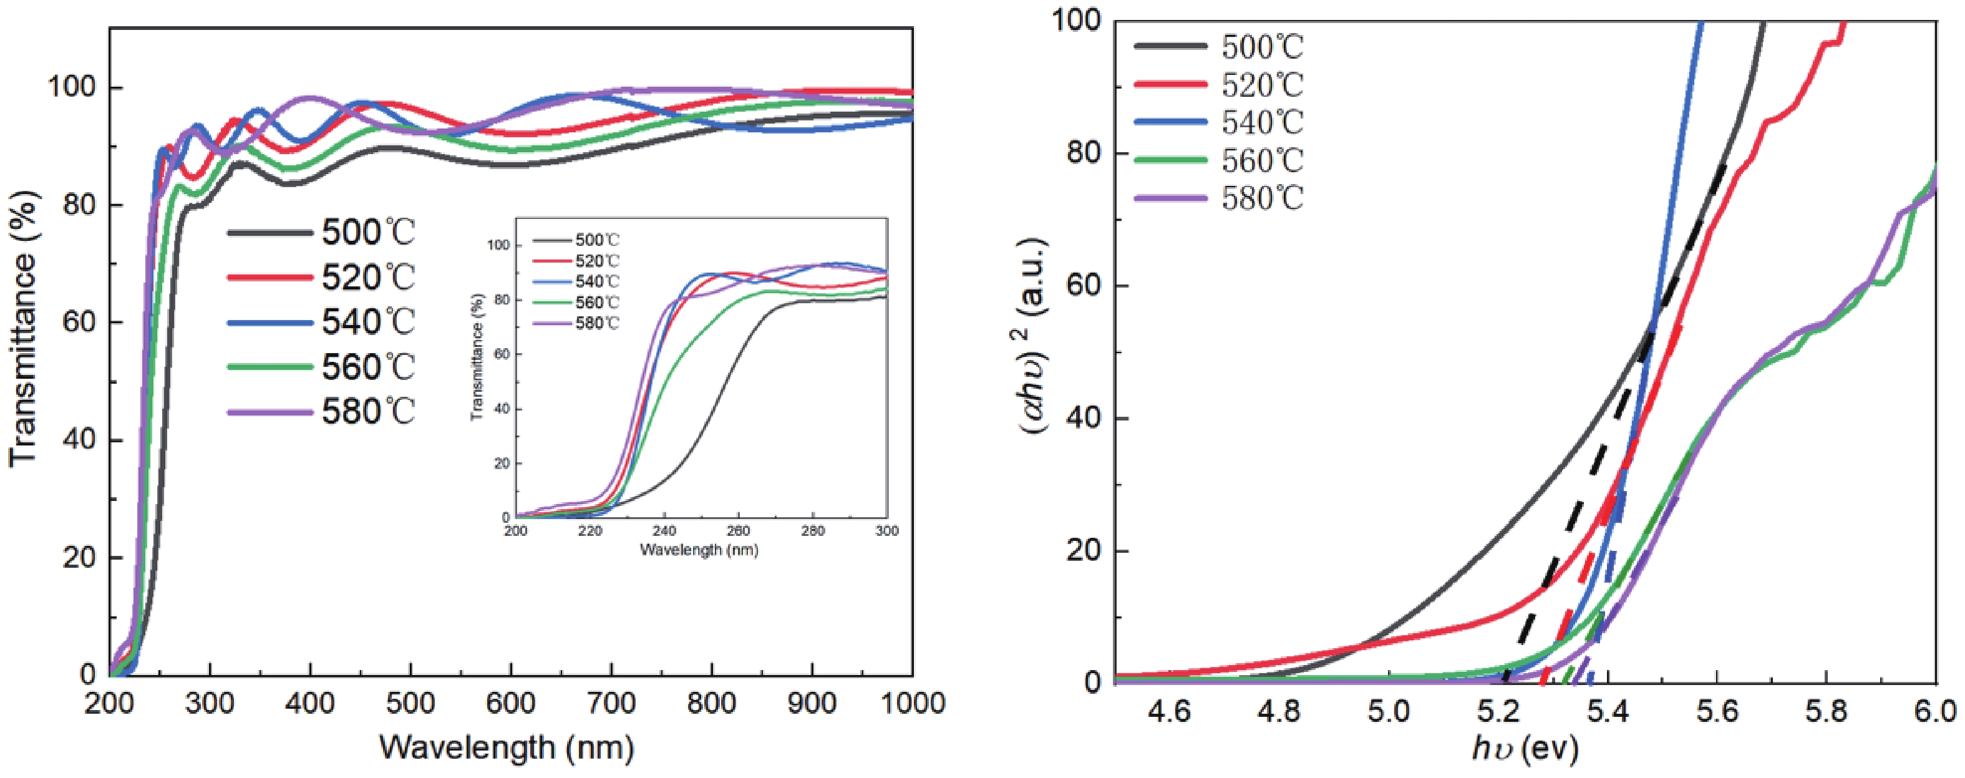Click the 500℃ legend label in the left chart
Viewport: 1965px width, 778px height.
pos(367,232)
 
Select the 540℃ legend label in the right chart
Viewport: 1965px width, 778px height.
pos(1263,123)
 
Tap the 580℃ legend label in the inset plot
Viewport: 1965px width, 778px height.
pos(596,323)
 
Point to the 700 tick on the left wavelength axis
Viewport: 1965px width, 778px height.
pos(610,703)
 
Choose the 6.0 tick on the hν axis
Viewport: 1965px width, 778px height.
pos(1934,712)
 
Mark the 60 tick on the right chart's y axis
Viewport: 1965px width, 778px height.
pos(1083,286)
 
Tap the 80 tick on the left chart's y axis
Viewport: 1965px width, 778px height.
pos(76,205)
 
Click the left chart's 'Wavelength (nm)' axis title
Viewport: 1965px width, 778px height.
pos(507,747)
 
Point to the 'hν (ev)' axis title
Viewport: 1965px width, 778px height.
pos(1524,751)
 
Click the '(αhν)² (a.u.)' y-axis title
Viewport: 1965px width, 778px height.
pos(1034,336)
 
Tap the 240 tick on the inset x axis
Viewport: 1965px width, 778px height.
pos(665,531)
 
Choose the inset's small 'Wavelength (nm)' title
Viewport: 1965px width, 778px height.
pos(699,549)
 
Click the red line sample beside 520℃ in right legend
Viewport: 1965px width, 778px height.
pos(1171,84)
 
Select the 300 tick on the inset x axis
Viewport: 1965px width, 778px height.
pos(886,531)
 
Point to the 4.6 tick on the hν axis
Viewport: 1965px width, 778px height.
pos(1170,712)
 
